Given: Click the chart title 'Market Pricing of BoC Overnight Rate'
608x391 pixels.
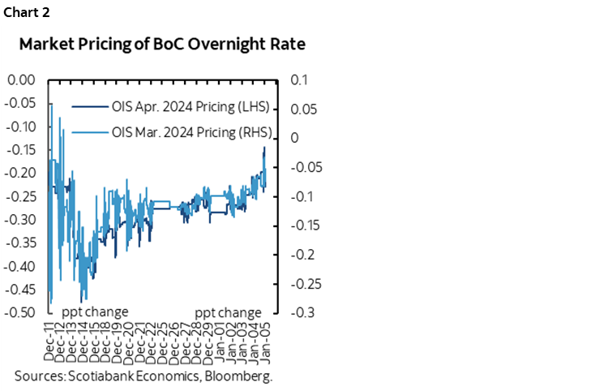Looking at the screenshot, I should point(162,45).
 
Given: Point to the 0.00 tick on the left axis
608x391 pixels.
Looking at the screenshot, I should point(23,80).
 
